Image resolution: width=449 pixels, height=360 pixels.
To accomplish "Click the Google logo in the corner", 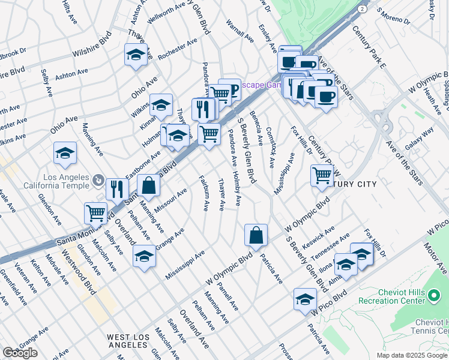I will pos(20,353).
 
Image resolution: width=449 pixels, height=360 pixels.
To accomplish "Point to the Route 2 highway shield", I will pos(361,9).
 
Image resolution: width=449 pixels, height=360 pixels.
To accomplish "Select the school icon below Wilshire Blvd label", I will pos(136,55).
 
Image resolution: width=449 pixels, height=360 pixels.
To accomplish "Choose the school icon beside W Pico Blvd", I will pos(305,299).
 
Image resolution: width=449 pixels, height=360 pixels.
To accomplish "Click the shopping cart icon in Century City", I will pos(322,175).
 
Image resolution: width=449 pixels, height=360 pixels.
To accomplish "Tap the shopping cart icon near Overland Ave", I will pos(95,212).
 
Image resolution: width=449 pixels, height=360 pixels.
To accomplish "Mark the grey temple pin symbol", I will pos(98,179).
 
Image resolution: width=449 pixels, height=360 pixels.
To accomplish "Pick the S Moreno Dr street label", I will pos(393,18).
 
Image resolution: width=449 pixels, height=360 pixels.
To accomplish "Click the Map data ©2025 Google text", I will pos(411,355).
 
